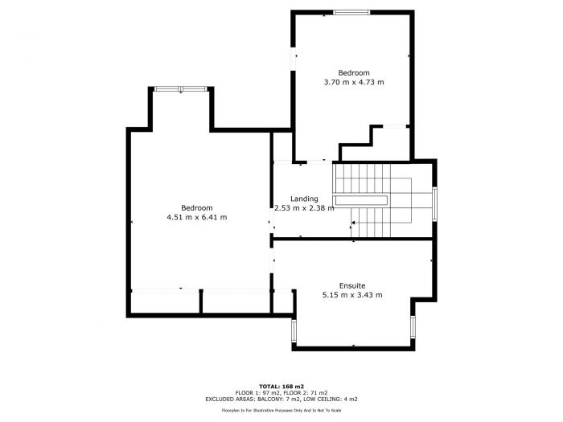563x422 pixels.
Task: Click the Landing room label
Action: click(304, 199)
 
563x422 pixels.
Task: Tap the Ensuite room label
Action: click(351, 285)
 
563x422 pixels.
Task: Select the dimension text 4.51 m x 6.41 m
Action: click(196, 217)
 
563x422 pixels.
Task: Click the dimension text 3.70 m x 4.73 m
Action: click(353, 82)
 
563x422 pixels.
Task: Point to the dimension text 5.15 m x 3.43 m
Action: click(351, 295)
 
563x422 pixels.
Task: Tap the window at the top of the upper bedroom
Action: click(352, 12)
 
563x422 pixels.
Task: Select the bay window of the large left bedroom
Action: click(180, 88)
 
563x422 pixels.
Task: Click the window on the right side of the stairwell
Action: click(435, 203)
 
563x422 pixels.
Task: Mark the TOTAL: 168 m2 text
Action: click(281, 386)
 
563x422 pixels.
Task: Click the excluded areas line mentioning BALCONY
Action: click(281, 399)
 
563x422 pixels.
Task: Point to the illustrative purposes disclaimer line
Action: click(281, 410)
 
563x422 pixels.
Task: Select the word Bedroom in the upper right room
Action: click(353, 72)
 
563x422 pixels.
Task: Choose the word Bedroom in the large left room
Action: click(196, 207)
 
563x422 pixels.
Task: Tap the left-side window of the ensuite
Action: click(293, 330)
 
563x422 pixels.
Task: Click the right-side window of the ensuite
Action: click(413, 326)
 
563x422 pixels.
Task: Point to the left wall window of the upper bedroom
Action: click(293, 61)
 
